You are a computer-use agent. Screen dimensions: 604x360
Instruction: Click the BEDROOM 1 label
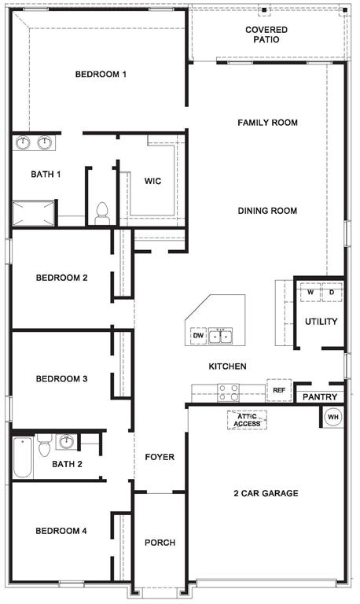pos(101,74)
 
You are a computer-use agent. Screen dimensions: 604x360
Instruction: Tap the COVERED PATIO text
pos(266,35)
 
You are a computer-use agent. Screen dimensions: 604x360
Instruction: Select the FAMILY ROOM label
pos(267,123)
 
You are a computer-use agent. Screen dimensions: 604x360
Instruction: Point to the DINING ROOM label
pos(267,210)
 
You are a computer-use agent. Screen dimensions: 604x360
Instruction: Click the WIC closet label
pos(152,181)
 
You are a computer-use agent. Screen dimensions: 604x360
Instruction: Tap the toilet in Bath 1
pos(101,212)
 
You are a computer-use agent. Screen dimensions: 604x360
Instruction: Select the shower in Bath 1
pos(33,212)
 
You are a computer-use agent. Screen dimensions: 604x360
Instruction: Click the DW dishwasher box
pos(198,336)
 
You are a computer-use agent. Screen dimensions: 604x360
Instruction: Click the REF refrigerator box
pos(278,390)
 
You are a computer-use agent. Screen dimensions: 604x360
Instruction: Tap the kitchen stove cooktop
pos(228,391)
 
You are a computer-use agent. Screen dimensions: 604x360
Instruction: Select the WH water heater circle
pos(332,416)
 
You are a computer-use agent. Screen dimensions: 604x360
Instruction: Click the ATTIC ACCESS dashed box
pos(246,420)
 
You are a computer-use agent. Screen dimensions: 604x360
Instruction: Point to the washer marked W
pos(310,293)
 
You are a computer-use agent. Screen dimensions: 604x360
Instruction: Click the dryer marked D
pos(331,293)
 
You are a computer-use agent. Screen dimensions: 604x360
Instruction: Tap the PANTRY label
pos(319,397)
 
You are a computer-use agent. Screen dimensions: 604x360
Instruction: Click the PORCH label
pos(160,543)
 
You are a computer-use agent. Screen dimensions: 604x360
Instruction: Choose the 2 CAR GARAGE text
pos(265,493)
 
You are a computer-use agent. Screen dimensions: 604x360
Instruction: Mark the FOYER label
pos(160,457)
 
